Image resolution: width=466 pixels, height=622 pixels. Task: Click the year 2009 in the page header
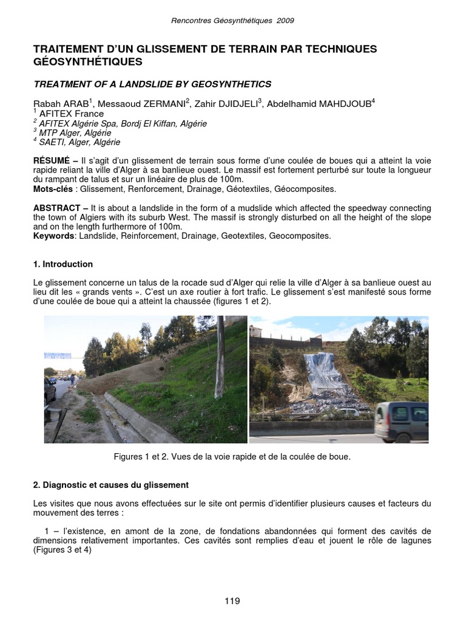tap(285, 20)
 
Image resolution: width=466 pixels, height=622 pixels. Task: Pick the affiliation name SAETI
tap(50, 142)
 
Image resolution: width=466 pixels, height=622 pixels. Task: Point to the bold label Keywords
tap(52, 236)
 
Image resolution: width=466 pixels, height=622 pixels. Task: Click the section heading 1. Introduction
tap(63, 264)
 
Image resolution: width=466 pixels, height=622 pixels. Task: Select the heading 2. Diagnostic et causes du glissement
tap(110, 485)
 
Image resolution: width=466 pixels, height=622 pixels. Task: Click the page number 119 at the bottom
tap(232, 601)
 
